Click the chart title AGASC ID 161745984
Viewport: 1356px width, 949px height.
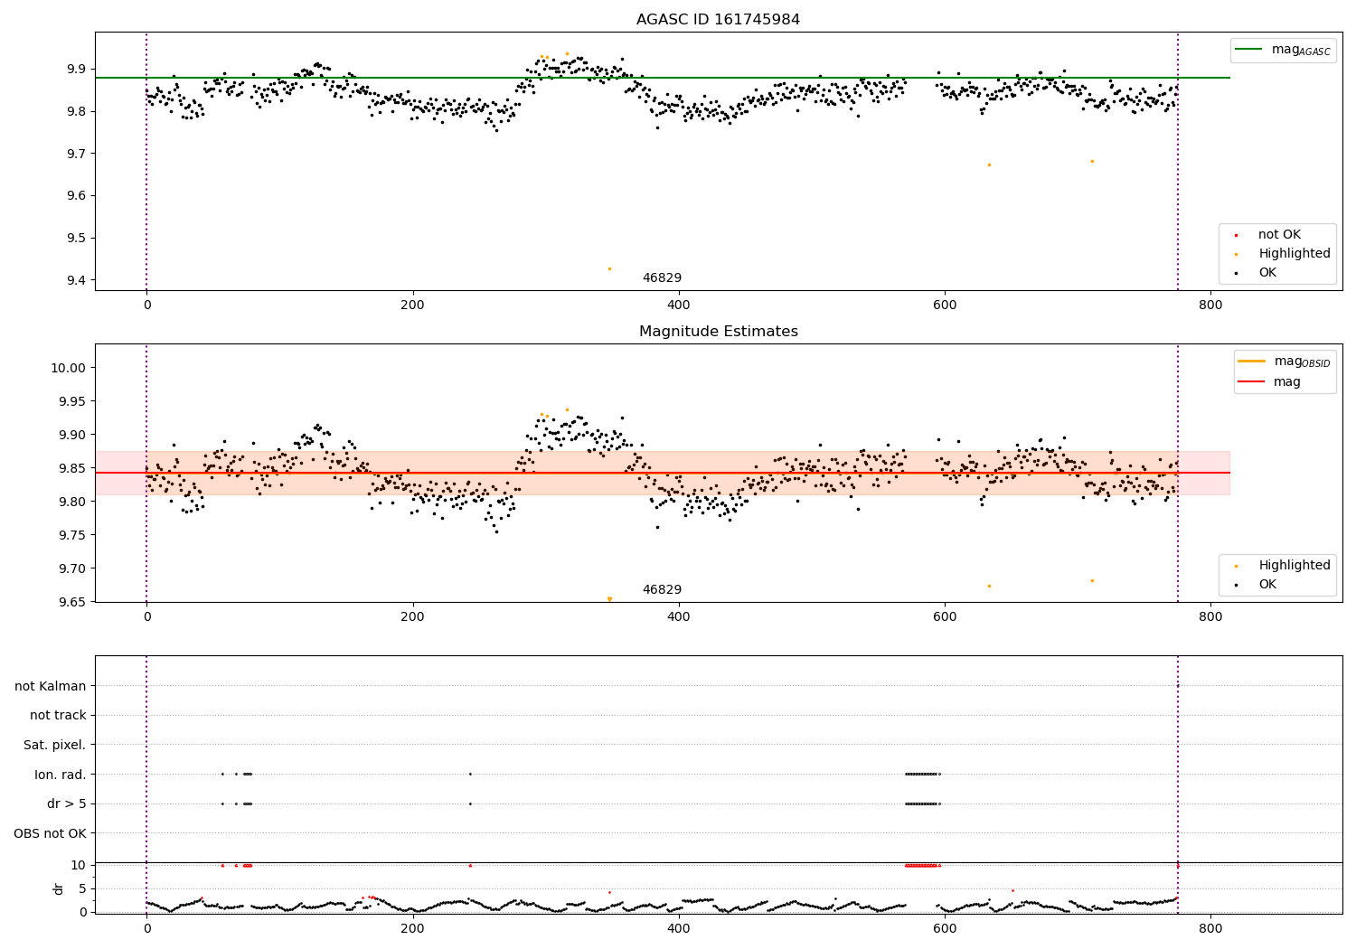click(718, 20)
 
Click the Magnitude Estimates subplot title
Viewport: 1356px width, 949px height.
click(718, 332)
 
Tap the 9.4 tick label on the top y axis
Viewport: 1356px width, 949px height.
click(76, 280)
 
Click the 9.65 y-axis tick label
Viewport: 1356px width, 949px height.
click(71, 602)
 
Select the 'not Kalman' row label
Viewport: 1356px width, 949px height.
click(51, 686)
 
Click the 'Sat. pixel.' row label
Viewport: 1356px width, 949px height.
click(55, 745)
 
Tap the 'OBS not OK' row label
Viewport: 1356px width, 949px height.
click(51, 833)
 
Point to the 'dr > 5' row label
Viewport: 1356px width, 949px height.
click(67, 803)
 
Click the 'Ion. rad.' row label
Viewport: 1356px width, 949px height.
click(61, 775)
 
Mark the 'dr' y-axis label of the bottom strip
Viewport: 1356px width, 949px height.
click(59, 888)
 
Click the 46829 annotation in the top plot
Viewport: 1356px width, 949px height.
click(662, 278)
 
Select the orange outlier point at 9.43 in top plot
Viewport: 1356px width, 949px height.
click(609, 268)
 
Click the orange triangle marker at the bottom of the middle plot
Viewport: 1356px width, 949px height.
click(609, 599)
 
